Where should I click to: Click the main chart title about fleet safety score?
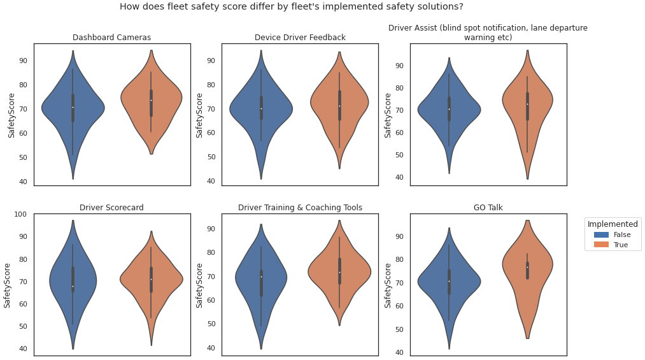[x=291, y=7]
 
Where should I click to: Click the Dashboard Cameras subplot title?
[x=111, y=38]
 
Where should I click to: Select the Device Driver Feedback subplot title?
[x=300, y=38]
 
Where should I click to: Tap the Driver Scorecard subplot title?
[x=111, y=208]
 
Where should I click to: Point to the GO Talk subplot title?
[x=488, y=208]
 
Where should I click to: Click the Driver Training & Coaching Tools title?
[x=300, y=208]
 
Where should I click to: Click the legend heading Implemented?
[x=613, y=224]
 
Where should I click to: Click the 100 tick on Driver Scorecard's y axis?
[x=21, y=214]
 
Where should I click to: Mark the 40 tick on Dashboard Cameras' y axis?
[x=23, y=182]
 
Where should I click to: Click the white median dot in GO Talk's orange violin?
[x=527, y=268]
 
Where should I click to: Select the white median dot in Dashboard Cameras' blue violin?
[x=73, y=107]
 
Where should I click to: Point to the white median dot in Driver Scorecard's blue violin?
[x=73, y=286]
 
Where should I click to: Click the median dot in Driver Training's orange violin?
[x=339, y=273]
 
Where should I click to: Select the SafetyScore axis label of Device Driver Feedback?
[x=199, y=115]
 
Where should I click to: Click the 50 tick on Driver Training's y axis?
[x=211, y=324]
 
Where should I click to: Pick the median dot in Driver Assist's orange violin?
[x=527, y=104]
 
